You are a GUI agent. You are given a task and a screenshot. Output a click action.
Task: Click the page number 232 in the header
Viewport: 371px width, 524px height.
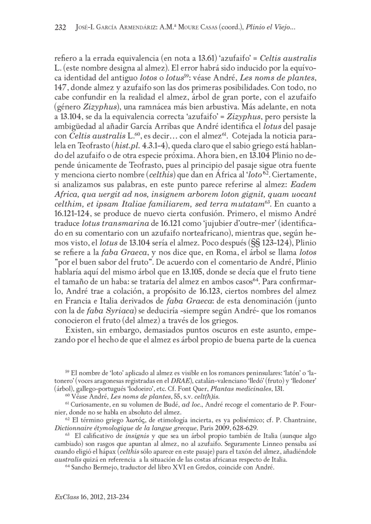pyautogui.click(x=61, y=27)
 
